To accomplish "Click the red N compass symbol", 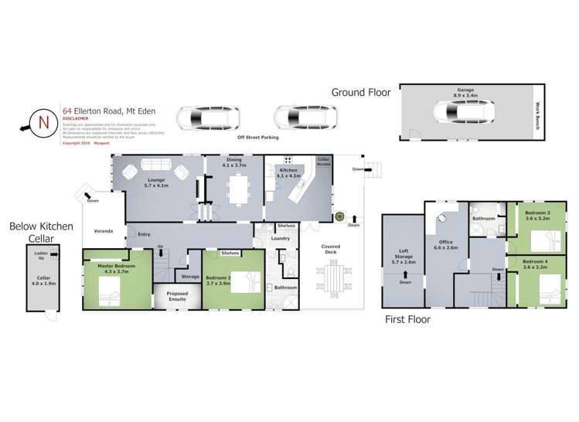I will [x=43, y=122].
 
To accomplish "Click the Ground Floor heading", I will [x=359, y=92].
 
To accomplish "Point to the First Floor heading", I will [x=407, y=318].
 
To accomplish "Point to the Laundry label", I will [x=281, y=238].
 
